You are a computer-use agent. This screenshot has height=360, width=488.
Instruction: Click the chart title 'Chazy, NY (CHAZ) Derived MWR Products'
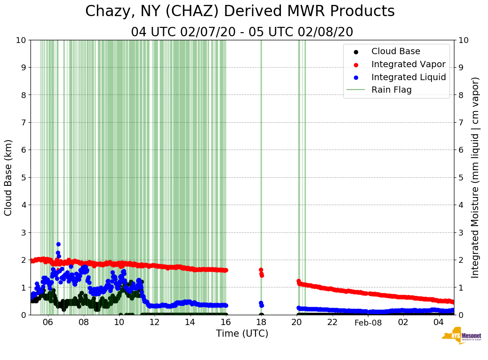tap(240, 11)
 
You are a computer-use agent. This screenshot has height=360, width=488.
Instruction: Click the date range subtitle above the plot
tap(242, 32)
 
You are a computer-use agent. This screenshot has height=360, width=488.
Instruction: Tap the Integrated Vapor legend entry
tap(408, 64)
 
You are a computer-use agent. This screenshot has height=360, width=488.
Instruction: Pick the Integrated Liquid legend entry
tap(408, 77)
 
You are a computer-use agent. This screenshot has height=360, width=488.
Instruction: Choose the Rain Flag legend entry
tap(391, 90)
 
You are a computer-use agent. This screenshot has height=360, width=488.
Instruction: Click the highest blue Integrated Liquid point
tap(58, 244)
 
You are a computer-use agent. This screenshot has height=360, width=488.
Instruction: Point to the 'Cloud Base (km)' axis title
tap(9, 177)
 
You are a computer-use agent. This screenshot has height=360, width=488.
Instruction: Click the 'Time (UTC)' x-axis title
tap(242, 334)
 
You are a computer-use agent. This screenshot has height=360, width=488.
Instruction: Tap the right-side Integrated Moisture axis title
tap(475, 177)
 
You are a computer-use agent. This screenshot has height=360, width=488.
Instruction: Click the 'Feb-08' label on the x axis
tap(367, 322)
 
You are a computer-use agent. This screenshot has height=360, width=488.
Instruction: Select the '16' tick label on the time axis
tap(225, 322)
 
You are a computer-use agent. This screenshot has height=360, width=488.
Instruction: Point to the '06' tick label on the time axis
tap(48, 322)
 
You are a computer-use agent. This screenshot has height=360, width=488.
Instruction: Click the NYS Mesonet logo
tap(461, 337)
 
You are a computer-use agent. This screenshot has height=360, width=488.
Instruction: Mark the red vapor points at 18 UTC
tap(261, 272)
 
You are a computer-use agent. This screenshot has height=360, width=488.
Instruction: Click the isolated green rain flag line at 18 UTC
tap(261, 134)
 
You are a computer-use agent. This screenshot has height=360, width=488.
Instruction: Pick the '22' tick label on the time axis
tap(332, 322)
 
